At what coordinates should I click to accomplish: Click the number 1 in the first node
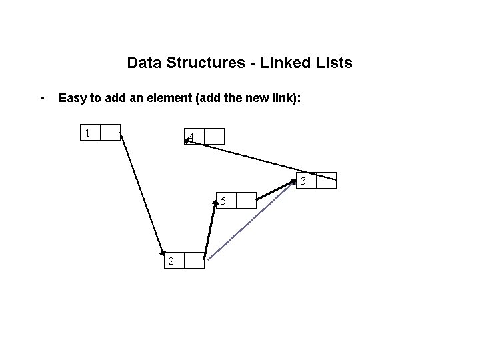87,133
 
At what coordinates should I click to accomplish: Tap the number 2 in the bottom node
171,261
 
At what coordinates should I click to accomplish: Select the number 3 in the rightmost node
303,181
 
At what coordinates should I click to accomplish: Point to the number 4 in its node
192,138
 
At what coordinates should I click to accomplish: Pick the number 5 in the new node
224,201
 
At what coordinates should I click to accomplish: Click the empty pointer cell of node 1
111,133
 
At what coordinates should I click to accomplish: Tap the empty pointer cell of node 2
194,261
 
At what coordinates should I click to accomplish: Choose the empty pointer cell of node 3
327,181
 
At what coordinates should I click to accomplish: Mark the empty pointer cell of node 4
215,137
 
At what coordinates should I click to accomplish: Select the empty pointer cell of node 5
246,201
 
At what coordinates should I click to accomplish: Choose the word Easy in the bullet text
72,99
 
